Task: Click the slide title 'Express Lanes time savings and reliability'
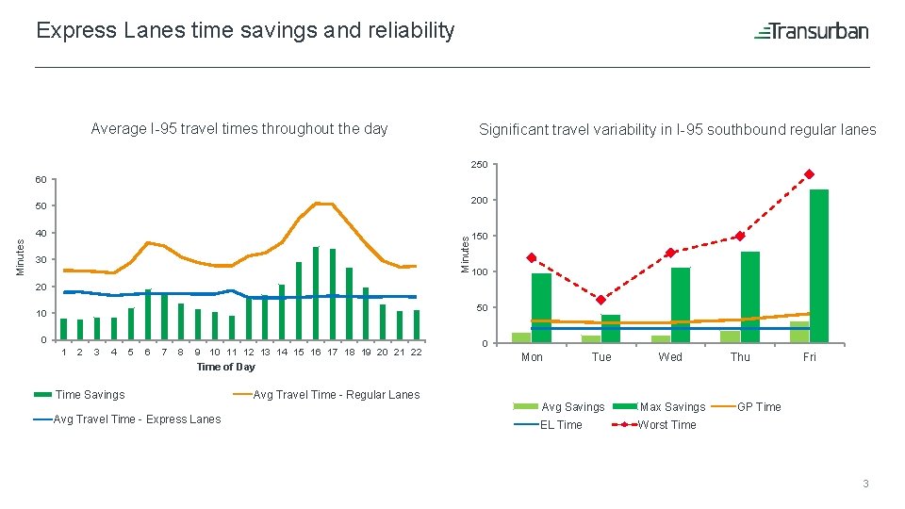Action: [x=245, y=30]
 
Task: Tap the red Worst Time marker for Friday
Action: [x=809, y=174]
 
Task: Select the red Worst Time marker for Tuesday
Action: [x=601, y=300]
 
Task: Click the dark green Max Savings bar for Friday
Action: [x=818, y=266]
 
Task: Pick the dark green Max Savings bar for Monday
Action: [x=541, y=307]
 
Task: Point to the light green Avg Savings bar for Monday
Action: [x=521, y=337]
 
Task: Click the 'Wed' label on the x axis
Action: [x=670, y=357]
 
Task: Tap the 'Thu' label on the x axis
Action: [x=740, y=357]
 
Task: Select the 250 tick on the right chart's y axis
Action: [x=479, y=166]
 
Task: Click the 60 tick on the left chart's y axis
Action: [x=40, y=179]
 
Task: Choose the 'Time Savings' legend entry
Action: [x=90, y=395]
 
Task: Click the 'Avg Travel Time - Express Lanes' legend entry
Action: [x=138, y=419]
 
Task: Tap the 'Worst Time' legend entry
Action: [x=666, y=425]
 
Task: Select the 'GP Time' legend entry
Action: [x=758, y=407]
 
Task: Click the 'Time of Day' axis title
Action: [x=225, y=367]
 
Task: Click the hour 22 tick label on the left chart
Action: [x=416, y=353]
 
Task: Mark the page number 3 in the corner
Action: [x=864, y=484]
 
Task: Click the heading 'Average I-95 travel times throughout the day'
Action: [x=239, y=129]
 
